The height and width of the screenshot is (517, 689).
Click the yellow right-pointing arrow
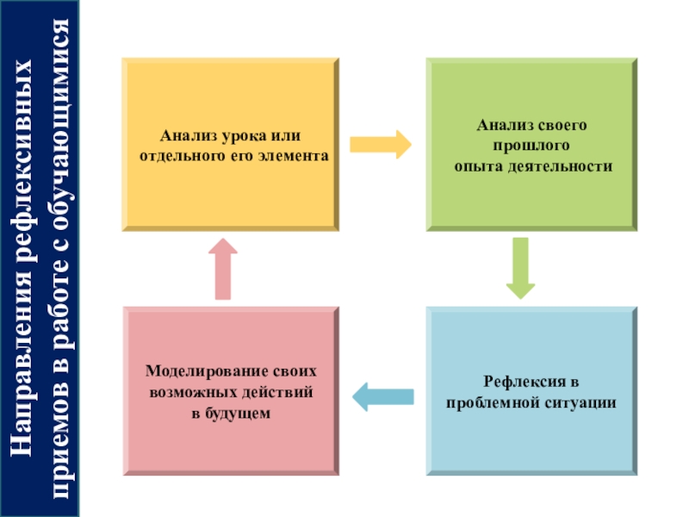tap(380, 141)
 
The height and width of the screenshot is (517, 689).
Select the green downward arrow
tap(519, 268)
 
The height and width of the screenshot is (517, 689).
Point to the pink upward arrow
tap(222, 268)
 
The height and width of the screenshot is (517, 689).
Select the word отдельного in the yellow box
tap(177, 158)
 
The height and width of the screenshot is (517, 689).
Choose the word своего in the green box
tap(560, 127)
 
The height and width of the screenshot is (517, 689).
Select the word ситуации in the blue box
tap(577, 402)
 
